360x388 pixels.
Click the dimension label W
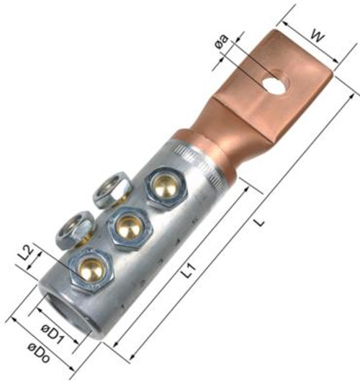317,36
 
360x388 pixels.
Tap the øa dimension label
222,42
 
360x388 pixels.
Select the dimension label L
259,222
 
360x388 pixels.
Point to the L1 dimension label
189,270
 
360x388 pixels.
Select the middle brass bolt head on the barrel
130,227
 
